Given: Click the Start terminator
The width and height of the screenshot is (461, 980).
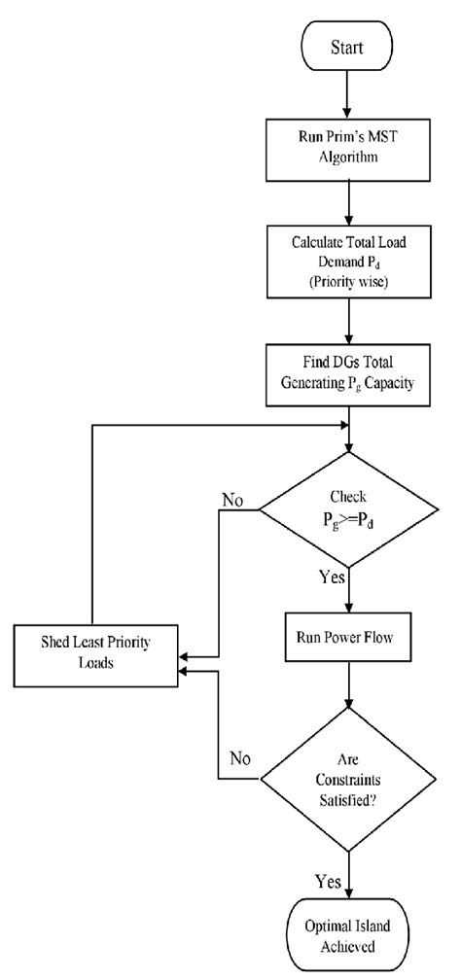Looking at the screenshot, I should (349, 46).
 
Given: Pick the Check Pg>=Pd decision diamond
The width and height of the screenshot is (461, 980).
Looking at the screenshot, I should (349, 510).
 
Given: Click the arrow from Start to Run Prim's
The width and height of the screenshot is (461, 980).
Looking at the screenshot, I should (349, 95).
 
